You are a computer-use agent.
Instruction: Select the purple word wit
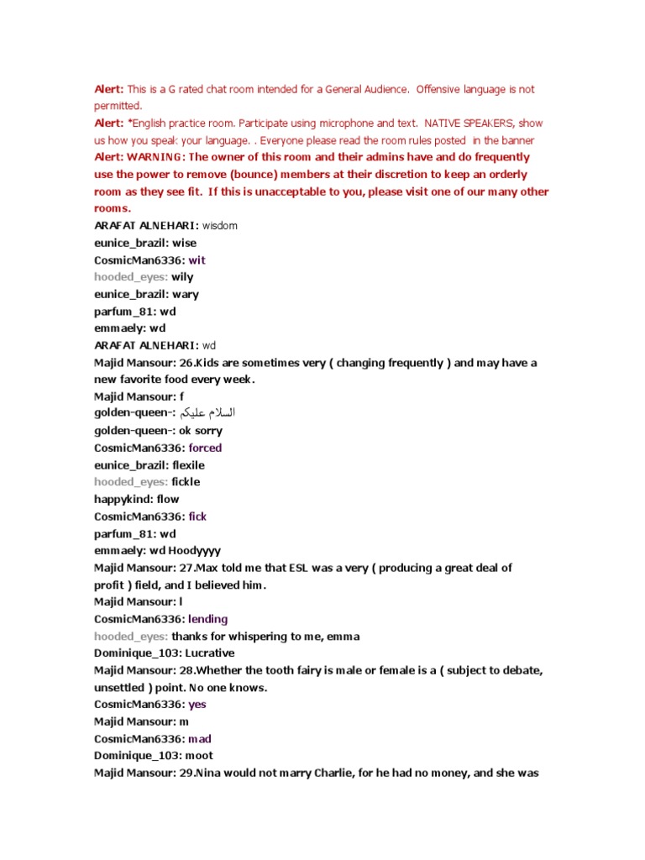(197, 260)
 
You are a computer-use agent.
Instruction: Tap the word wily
(182, 277)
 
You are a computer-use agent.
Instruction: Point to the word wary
(185, 295)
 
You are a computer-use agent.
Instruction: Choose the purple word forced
(205, 448)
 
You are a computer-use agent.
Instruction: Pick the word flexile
(188, 465)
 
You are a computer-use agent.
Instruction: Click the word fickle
(186, 482)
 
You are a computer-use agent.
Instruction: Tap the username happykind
(123, 500)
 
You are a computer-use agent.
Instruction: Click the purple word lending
(207, 619)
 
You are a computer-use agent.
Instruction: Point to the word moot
(198, 756)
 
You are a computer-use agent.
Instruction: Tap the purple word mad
(200, 739)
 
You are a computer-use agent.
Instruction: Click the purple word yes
(197, 705)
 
